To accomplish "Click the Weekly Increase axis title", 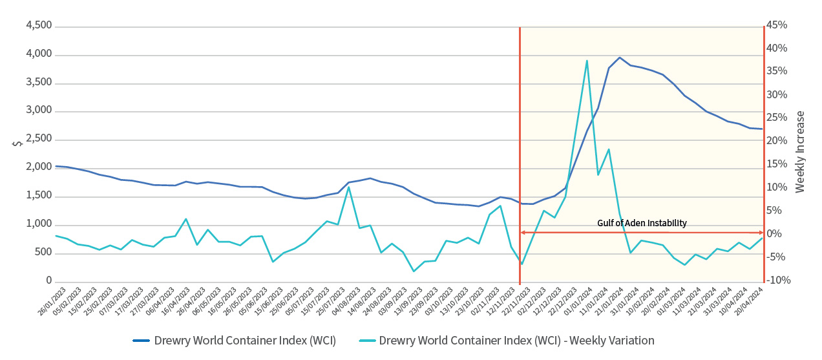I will click(x=800, y=152).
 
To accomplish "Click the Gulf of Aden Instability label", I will click(x=642, y=223).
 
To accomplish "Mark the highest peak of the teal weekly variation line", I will click(x=586, y=61).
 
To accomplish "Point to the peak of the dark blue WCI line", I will click(x=620, y=58).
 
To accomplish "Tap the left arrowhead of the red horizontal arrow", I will click(x=523, y=232).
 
